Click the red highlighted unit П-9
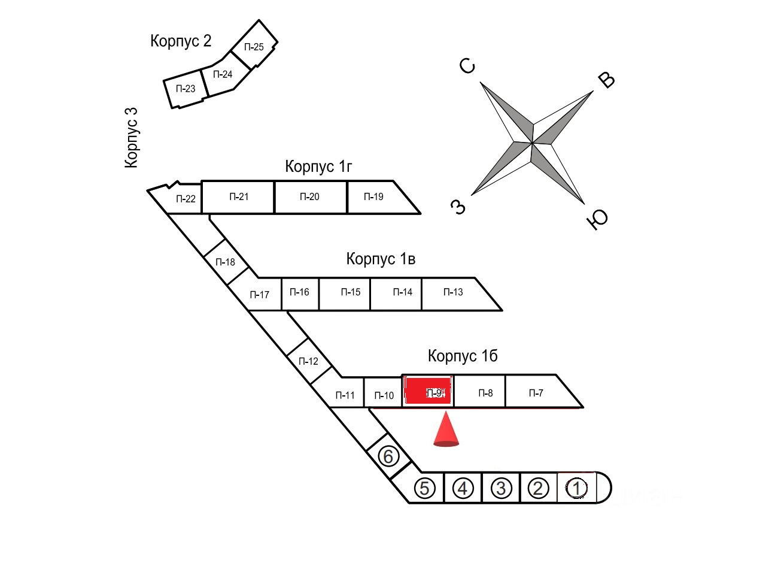[428, 392]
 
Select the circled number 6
[388, 457]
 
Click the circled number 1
[577, 488]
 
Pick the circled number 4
[463, 489]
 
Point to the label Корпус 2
[181, 41]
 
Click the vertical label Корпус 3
[132, 137]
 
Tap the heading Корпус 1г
[318, 166]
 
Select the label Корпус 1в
[381, 259]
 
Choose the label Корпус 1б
[463, 356]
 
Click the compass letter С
[469, 66]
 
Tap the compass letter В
[607, 80]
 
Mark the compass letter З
[458, 207]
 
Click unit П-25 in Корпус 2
[254, 47]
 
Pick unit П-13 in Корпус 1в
[453, 292]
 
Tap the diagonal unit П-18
[226, 262]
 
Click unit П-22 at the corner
[186, 199]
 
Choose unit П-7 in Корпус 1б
[536, 393]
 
